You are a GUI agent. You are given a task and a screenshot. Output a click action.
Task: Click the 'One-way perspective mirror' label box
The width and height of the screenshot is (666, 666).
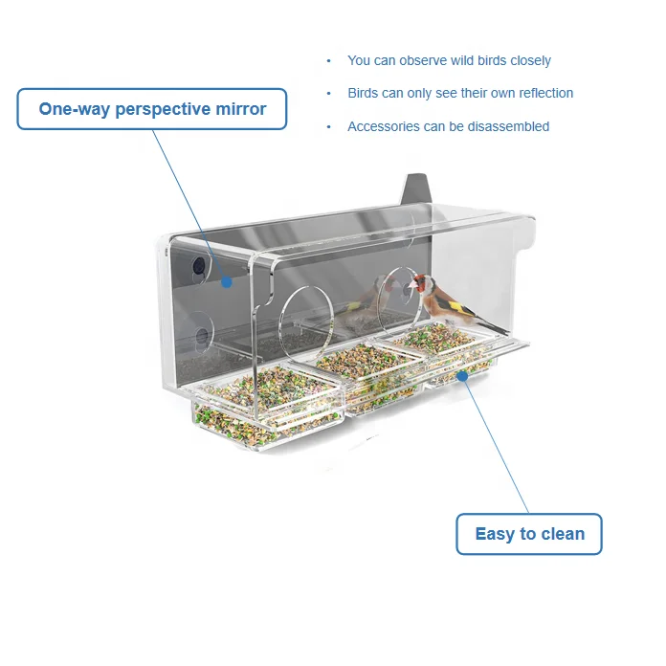[152, 109]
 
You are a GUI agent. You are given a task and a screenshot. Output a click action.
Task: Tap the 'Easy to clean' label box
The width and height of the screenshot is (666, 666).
[529, 534]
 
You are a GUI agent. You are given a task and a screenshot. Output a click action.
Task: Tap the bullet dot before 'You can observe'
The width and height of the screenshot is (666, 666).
[329, 60]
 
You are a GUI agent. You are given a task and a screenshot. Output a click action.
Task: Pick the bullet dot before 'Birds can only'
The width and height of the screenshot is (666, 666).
[329, 94]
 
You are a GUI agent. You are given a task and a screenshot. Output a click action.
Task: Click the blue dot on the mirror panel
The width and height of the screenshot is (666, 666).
[227, 281]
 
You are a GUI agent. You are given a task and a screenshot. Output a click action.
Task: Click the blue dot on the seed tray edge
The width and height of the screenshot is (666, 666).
[462, 376]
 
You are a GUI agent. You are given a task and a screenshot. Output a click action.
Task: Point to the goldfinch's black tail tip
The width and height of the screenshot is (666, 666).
[503, 331]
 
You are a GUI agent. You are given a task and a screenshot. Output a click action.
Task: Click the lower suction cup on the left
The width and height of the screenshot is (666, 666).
[202, 337]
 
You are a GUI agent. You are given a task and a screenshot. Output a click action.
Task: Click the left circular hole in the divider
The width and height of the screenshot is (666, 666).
[304, 313]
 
